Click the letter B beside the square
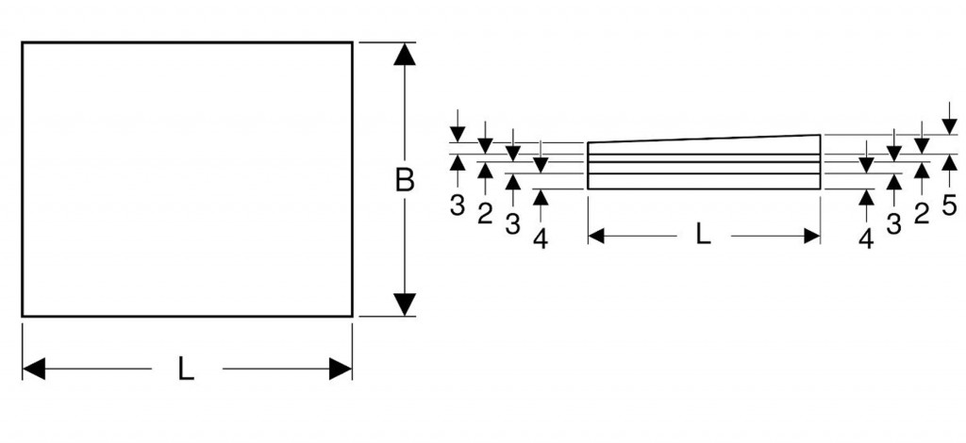[405, 180]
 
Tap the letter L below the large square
[187, 370]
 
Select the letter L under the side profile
[703, 236]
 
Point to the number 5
[949, 205]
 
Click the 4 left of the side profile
[541, 238]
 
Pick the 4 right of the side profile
[866, 238]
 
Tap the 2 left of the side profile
[485, 214]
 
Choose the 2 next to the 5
[922, 212]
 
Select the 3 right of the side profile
[893, 223]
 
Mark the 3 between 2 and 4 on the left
[512, 224]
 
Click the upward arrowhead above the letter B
[405, 55]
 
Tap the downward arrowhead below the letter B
[405, 304]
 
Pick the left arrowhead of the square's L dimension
[34, 369]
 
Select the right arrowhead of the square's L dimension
[341, 369]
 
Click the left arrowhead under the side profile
[596, 236]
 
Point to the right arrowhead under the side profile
[811, 236]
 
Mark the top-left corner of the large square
[23, 42]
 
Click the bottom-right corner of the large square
[352, 316]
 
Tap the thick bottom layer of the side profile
[704, 181]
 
